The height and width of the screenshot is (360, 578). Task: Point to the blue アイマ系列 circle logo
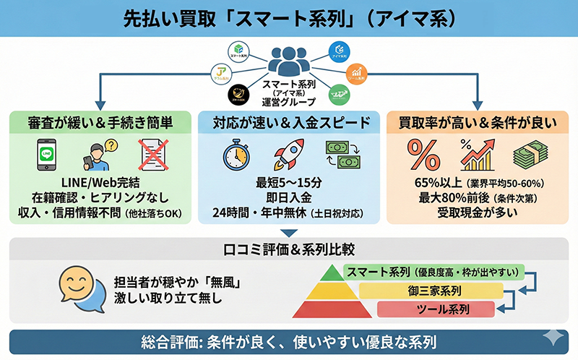[338, 51]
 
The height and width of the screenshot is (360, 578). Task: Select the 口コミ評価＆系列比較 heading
[288, 249]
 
